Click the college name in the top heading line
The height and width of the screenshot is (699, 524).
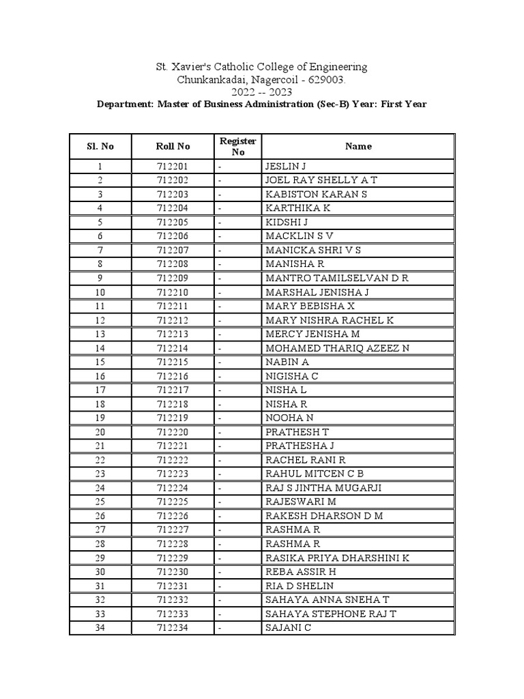click(262, 67)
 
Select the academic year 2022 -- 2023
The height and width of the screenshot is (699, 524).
click(262, 92)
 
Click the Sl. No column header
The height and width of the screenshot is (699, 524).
click(100, 146)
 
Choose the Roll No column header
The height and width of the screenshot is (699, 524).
click(173, 146)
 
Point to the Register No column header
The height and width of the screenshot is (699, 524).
click(237, 146)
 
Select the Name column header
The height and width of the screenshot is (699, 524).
click(358, 146)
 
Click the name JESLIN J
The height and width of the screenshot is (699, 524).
click(286, 167)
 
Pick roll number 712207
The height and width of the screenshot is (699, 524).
click(173, 251)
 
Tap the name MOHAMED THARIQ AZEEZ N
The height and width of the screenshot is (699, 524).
click(337, 348)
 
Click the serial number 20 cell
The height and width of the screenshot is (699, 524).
click(100, 432)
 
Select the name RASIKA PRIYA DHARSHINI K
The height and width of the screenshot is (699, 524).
click(337, 558)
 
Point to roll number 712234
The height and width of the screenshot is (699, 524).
click(173, 628)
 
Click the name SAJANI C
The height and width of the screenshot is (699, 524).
click(288, 628)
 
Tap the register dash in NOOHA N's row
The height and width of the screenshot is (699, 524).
click(220, 418)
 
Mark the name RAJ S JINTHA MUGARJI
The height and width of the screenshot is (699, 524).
click(323, 488)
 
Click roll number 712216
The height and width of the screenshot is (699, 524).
click(173, 376)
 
